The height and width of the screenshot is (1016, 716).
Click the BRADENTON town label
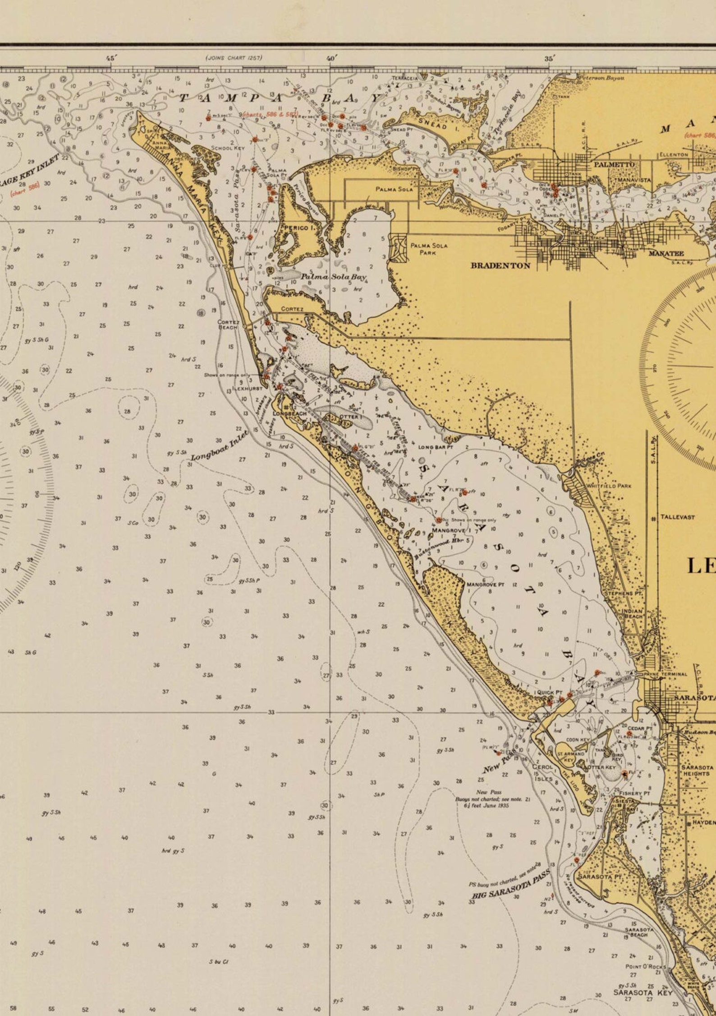(x=500, y=265)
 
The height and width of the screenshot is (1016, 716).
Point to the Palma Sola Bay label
(x=334, y=276)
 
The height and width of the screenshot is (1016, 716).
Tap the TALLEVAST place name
(x=678, y=517)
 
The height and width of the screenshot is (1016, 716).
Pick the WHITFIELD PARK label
(x=609, y=486)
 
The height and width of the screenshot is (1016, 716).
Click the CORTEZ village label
(x=292, y=309)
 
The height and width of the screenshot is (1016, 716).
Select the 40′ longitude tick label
(x=332, y=58)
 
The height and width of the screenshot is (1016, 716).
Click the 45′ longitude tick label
(x=111, y=58)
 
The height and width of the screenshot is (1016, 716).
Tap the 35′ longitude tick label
(x=549, y=59)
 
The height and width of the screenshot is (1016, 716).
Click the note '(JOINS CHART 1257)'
(x=234, y=58)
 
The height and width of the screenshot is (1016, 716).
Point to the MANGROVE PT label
(x=485, y=585)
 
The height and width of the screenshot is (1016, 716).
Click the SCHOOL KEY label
(x=228, y=148)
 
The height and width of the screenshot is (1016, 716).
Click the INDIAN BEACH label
(x=632, y=613)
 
